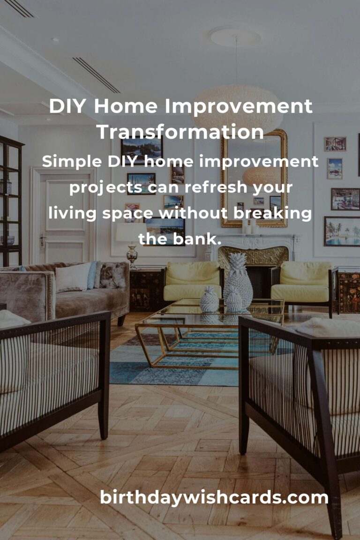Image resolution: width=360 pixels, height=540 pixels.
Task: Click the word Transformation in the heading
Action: [180, 132]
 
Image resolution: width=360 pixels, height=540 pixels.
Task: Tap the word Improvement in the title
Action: [239, 106]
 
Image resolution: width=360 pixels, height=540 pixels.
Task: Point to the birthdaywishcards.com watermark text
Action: [214, 498]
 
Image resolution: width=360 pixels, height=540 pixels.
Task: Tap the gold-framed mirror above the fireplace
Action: [254, 179]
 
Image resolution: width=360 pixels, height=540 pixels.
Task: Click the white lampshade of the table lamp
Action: [131, 232]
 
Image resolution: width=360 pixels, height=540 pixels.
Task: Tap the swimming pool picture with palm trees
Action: [342, 232]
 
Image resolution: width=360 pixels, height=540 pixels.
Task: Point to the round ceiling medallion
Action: [235, 36]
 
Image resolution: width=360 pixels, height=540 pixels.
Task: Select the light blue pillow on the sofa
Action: [92, 275]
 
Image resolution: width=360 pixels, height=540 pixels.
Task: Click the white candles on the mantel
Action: [250, 225]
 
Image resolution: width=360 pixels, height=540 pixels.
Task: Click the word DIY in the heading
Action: [67, 106]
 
